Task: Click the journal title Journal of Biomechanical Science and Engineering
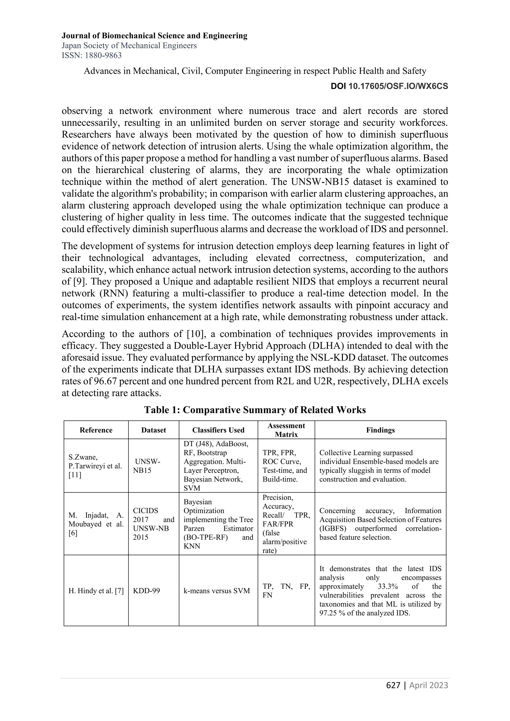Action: click(154, 36)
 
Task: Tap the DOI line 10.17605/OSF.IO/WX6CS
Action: click(389, 86)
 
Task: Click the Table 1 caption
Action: click(255, 410)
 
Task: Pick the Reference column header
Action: click(96, 430)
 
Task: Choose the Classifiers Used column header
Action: click(218, 430)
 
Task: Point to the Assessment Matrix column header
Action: click(286, 430)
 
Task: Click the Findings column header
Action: click(380, 430)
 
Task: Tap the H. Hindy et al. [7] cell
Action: click(96, 591)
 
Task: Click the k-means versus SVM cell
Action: click(217, 591)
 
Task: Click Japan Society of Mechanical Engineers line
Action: click(129, 46)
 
